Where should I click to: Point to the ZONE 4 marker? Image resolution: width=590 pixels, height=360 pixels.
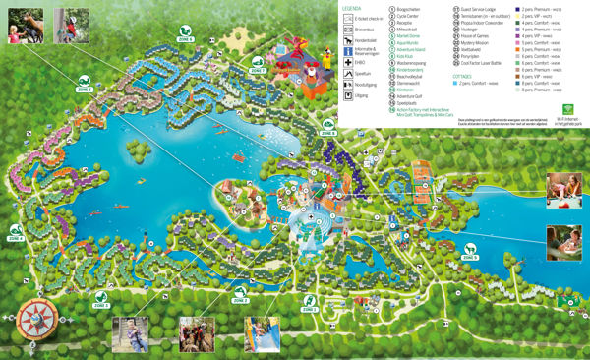point(16,236)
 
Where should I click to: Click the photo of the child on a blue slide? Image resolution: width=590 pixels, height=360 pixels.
point(261,335)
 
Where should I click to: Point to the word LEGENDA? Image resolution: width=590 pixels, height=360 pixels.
point(351,7)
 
